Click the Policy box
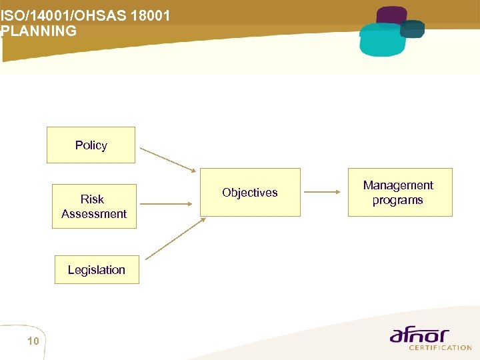91,145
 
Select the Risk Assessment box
94,206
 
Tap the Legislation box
97,269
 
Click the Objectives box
250,192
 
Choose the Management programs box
400,192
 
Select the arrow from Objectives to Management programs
325,192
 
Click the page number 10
33,341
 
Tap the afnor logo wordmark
419,335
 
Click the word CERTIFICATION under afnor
441,347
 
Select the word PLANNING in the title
39,31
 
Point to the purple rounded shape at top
391,15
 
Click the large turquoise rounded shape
382,40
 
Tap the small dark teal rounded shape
413,29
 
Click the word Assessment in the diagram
94,213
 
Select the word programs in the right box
398,200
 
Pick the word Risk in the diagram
92,199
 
